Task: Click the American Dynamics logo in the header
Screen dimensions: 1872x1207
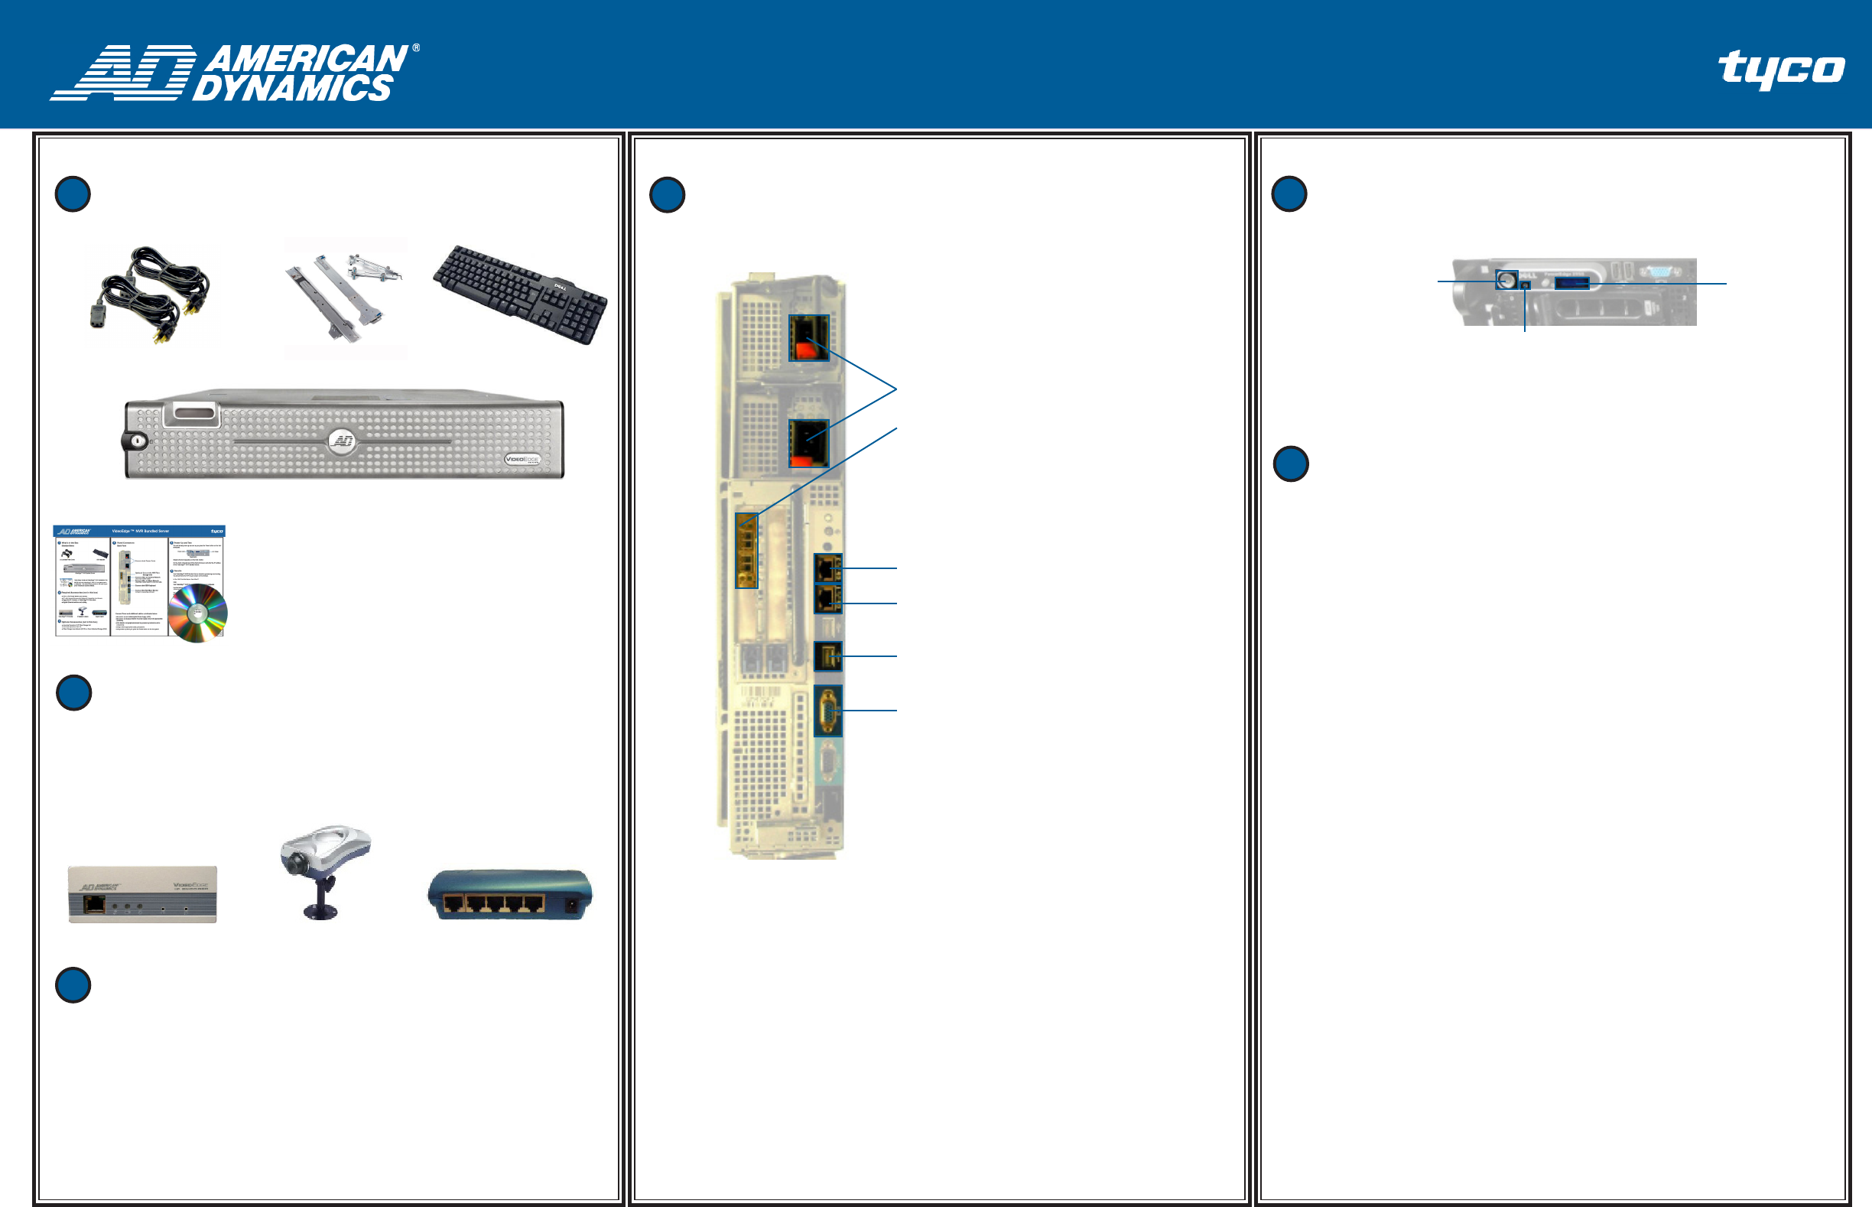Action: pos(235,72)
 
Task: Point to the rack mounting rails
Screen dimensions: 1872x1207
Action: pos(345,298)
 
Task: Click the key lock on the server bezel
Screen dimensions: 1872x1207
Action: pos(137,441)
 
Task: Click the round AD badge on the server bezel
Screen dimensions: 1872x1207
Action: pos(343,441)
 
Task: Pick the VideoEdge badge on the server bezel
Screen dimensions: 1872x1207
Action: pos(522,459)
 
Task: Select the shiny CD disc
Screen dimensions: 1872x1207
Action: pos(197,613)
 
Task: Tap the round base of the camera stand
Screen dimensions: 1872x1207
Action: pos(320,912)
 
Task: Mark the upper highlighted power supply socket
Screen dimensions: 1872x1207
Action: pos(808,339)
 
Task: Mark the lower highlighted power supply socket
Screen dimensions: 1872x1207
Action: pos(808,443)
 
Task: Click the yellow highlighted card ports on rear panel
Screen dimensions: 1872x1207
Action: pos(746,550)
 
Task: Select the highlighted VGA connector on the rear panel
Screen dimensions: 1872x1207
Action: pos(828,710)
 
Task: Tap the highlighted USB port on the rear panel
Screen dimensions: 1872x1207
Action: pos(828,656)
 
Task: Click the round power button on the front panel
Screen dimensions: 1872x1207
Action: pos(1505,279)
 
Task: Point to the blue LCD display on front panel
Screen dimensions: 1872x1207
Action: pos(1571,282)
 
